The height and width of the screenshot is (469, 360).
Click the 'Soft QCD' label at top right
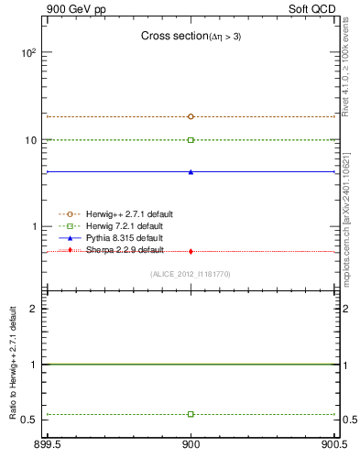pyautogui.click(x=314, y=8)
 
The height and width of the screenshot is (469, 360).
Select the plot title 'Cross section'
pyautogui.click(x=191, y=36)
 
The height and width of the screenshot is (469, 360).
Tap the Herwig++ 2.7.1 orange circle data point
pyautogui.click(x=191, y=116)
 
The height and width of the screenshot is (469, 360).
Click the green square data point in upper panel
pyautogui.click(x=191, y=140)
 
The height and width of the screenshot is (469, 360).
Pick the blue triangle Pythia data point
pyautogui.click(x=191, y=171)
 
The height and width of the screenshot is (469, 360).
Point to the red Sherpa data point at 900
pyautogui.click(x=191, y=251)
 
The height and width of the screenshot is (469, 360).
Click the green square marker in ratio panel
pyautogui.click(x=191, y=414)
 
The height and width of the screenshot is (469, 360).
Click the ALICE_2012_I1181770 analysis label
pyautogui.click(x=191, y=273)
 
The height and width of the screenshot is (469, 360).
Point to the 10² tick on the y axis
pyautogui.click(x=28, y=53)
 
